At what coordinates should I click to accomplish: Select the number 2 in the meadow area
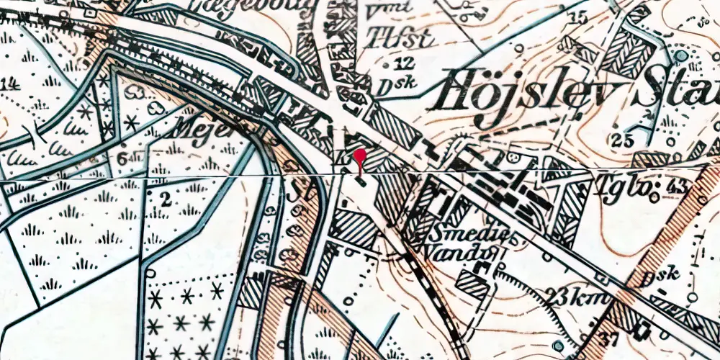click(166, 201)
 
